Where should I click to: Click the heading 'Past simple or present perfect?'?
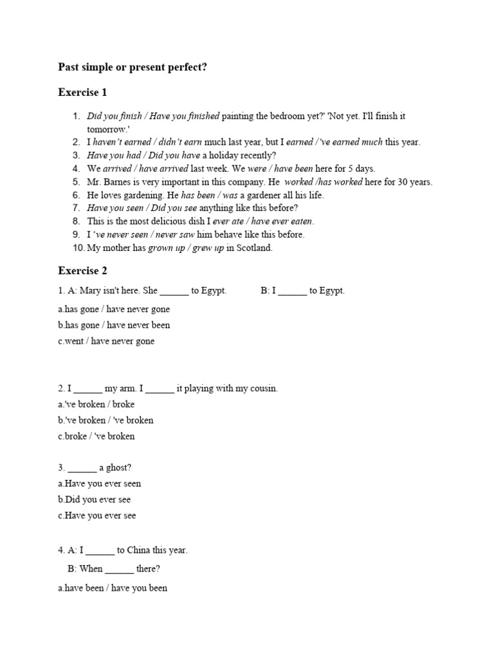point(133,66)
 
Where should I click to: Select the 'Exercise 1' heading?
point(82,93)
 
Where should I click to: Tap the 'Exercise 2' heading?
point(82,271)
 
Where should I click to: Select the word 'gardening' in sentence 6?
point(139,195)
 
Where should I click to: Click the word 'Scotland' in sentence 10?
point(255,248)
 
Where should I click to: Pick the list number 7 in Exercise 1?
point(76,209)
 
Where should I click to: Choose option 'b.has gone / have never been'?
point(114,325)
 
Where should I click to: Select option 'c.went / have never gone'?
point(106,341)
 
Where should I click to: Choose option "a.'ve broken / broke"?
point(96,404)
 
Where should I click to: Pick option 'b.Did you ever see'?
point(94,499)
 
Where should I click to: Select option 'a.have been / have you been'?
point(113,588)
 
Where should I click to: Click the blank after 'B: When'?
point(119,569)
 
